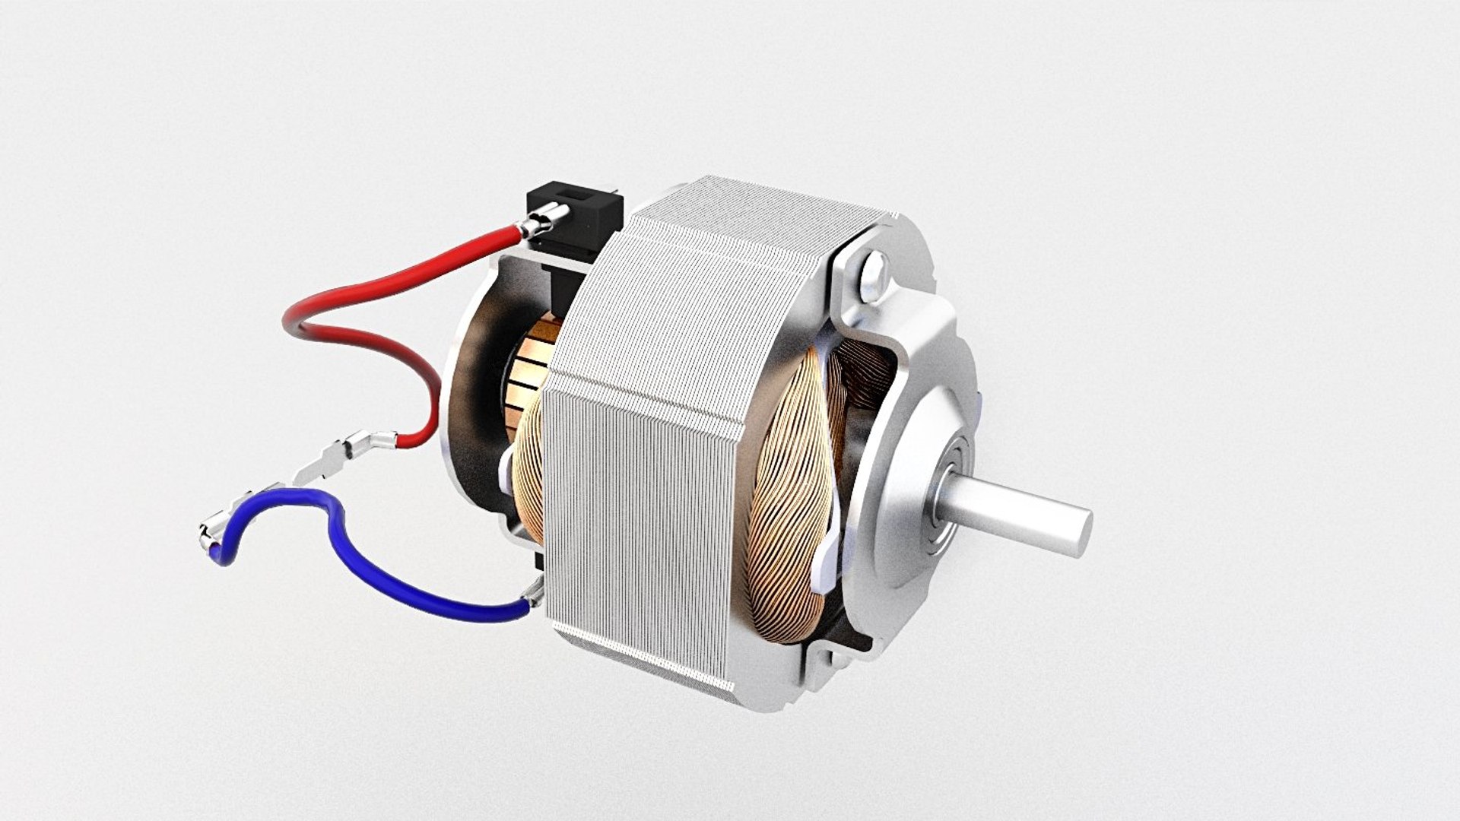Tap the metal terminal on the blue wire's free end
point(216,531)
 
